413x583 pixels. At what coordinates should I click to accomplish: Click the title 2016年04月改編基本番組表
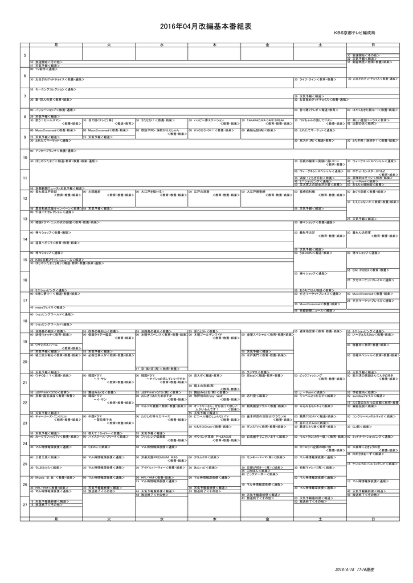point(206,27)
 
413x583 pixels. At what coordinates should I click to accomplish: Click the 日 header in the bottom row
point(373,519)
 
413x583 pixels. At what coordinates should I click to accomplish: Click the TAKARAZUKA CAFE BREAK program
point(265,121)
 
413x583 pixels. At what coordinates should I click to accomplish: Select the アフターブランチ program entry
point(54,151)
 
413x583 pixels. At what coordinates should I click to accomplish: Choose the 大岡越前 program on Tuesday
point(94,191)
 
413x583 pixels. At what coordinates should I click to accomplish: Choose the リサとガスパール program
point(48,344)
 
